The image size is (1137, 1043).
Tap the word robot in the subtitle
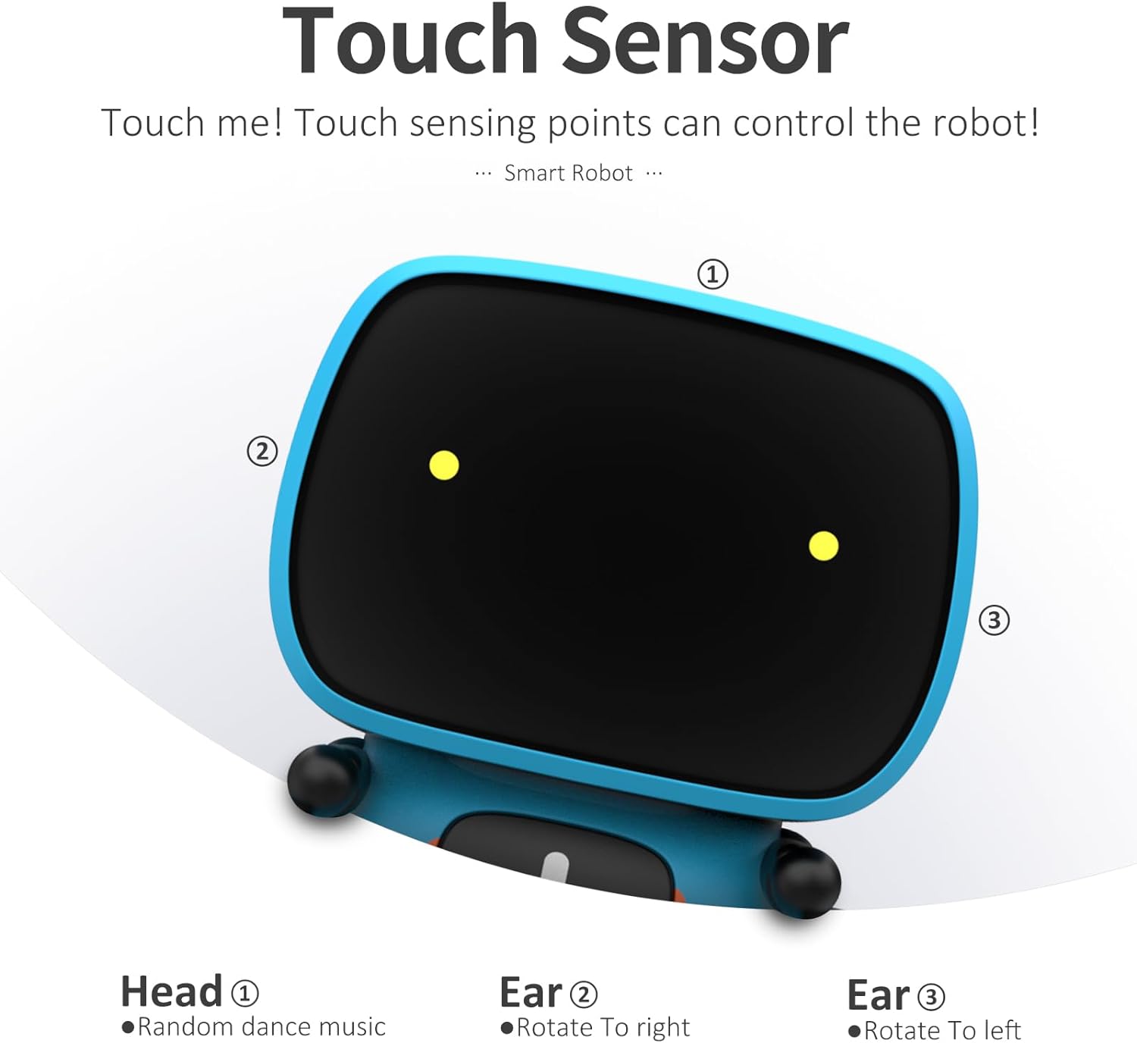[985, 123]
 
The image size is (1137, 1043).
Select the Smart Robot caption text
[568, 174]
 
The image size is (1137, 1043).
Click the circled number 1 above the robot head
[713, 274]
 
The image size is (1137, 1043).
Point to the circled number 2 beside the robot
[262, 451]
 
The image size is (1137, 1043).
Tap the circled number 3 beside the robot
[994, 620]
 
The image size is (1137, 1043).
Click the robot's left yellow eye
[444, 465]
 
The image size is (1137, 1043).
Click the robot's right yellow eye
[823, 546]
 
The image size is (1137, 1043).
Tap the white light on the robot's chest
[556, 866]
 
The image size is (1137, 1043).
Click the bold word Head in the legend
[171, 992]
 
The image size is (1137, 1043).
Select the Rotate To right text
[603, 1028]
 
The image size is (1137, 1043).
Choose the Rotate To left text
[942, 1031]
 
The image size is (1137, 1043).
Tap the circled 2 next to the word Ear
[583, 994]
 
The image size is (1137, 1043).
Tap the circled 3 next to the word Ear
[931, 998]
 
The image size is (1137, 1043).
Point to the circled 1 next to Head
[244, 993]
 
